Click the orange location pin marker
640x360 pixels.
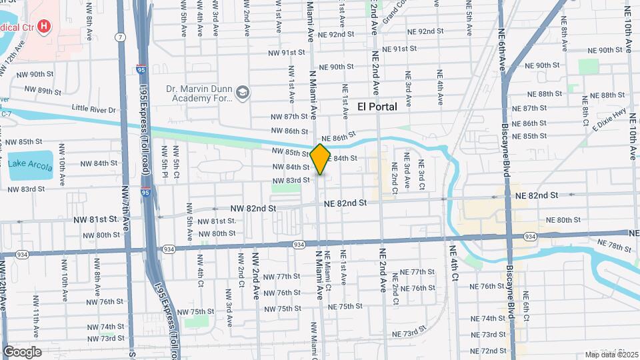point(321,159)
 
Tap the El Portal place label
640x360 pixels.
point(377,107)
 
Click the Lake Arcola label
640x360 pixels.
point(30,164)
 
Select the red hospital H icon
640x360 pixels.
point(44,27)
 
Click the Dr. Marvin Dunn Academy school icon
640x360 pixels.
point(242,92)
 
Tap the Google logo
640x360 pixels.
point(22,351)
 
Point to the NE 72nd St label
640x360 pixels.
point(488,351)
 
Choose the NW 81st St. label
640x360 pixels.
point(101,219)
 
